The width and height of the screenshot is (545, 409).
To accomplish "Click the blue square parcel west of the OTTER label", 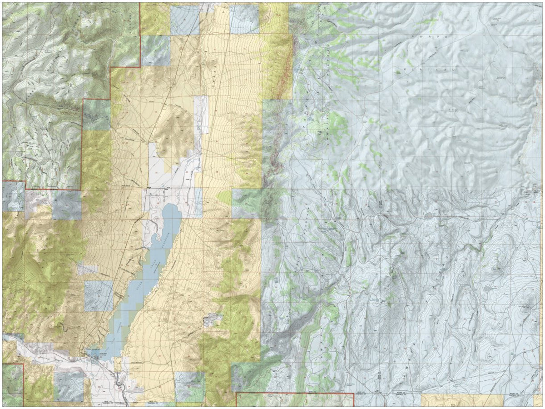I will (98, 296).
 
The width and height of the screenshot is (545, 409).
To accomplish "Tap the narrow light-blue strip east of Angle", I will (198, 202).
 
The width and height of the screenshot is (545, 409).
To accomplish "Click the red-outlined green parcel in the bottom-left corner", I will (11, 384).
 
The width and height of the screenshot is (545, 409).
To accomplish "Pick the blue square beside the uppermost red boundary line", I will (184, 20).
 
